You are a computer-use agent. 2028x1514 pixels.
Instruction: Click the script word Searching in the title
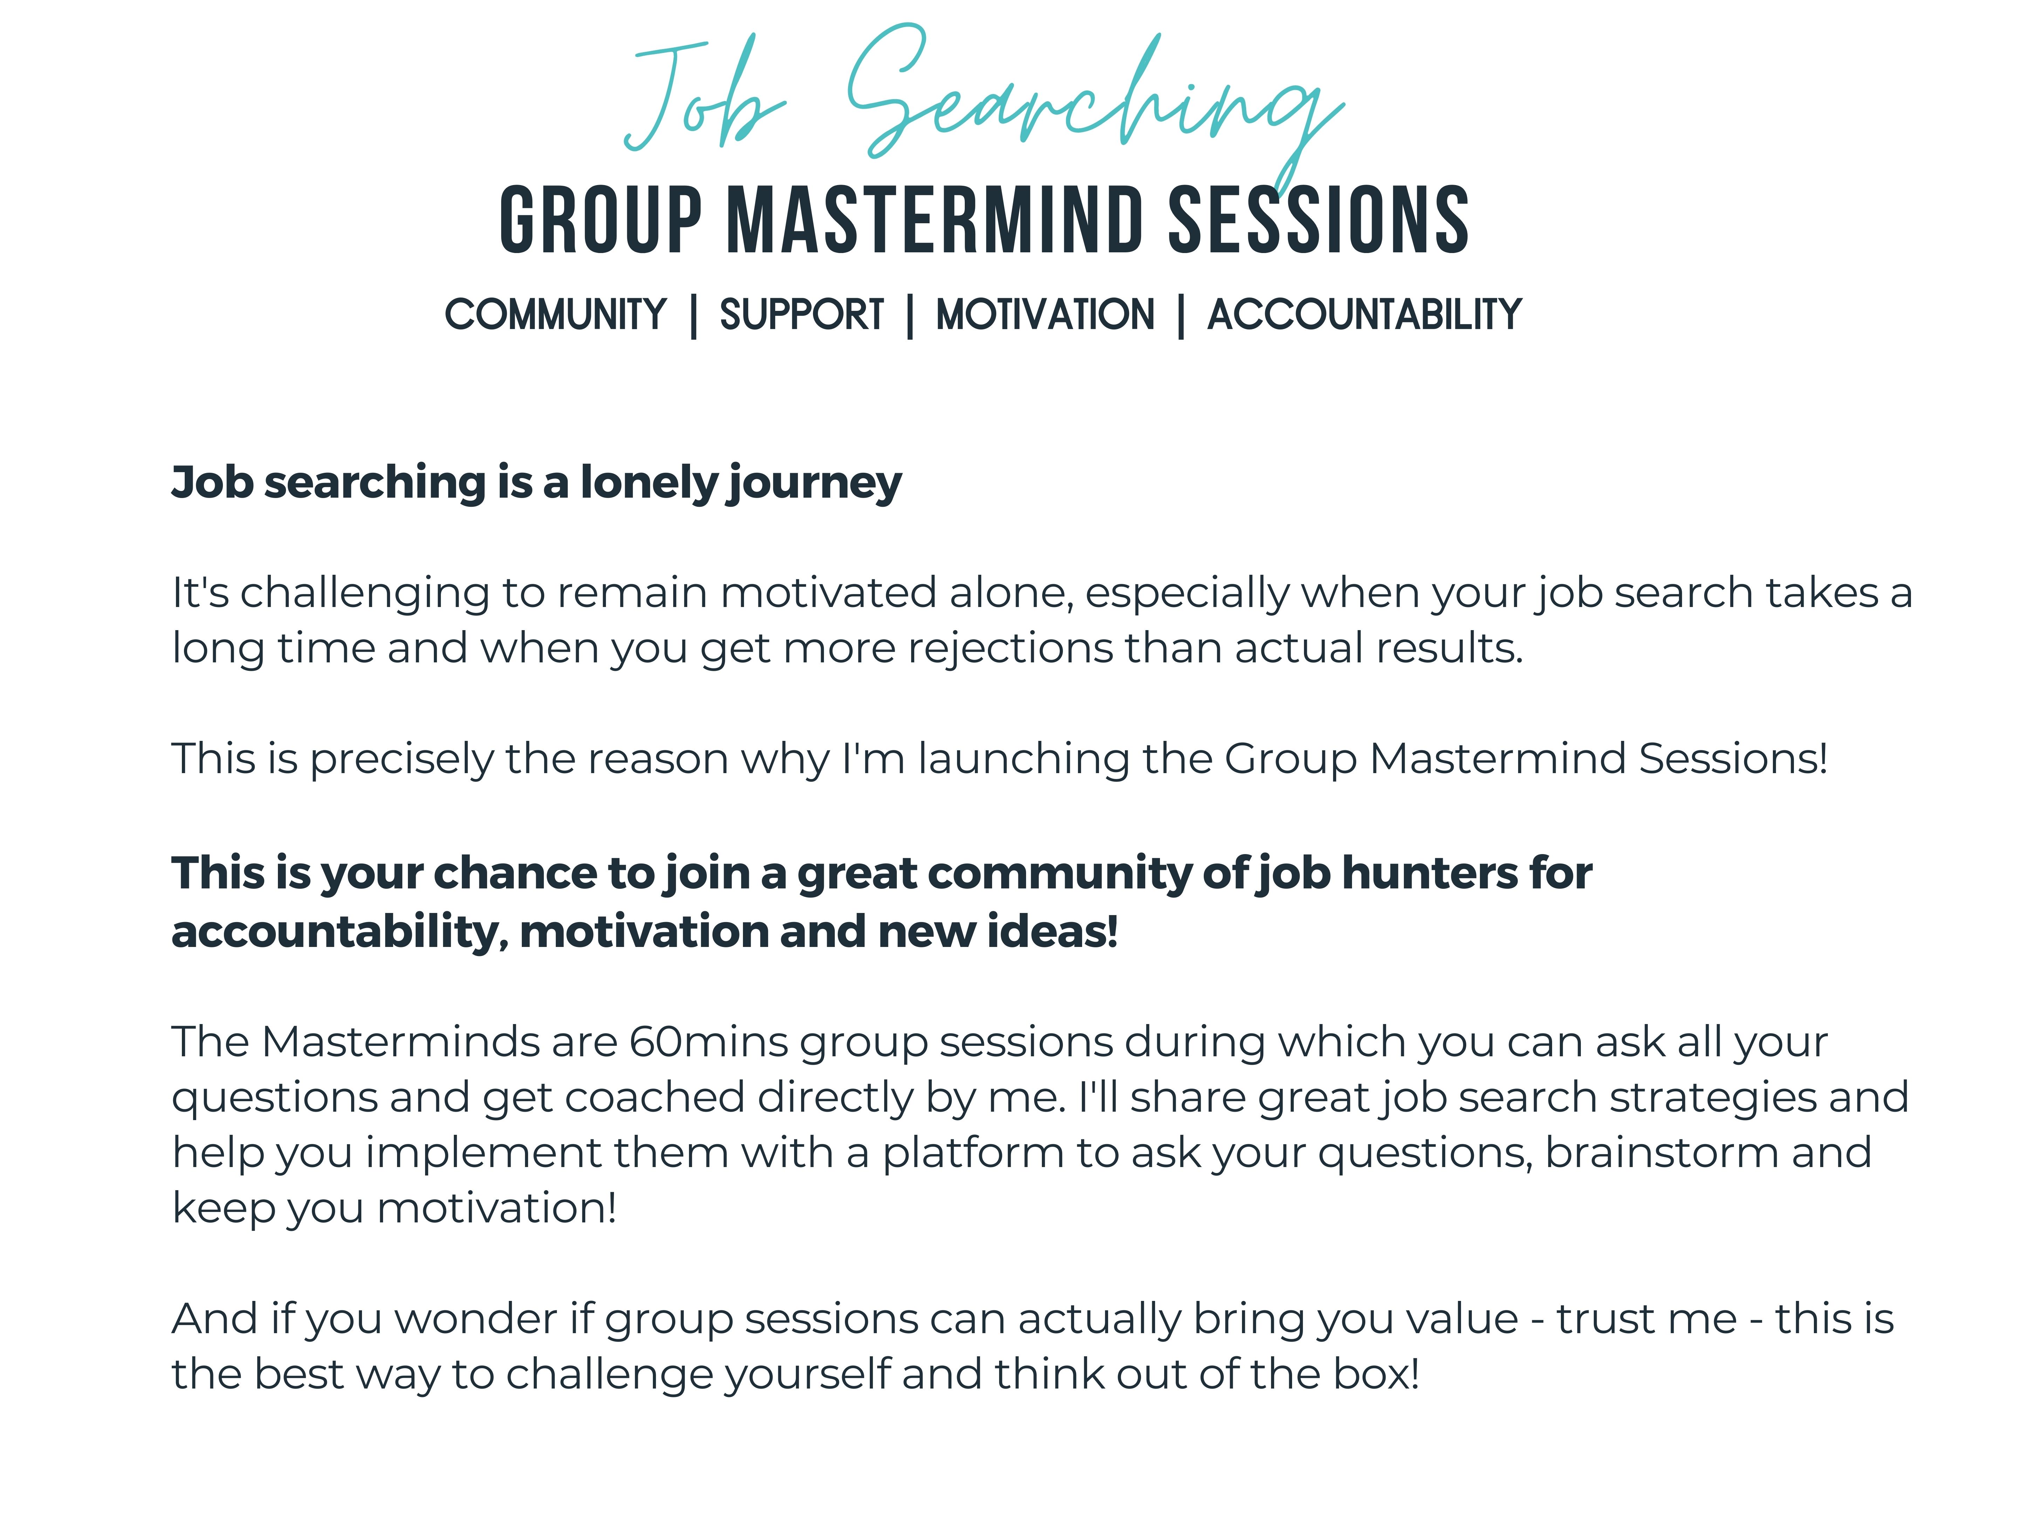tap(1095, 101)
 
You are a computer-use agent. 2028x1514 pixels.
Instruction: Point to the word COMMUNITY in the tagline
tap(555, 314)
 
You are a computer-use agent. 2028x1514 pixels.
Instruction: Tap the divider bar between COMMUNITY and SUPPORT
tap(694, 316)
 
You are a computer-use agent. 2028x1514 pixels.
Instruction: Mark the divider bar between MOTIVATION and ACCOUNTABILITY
tap(1181, 316)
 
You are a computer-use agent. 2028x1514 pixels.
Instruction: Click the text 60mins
tap(708, 1043)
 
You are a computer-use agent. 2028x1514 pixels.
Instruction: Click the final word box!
tap(1375, 1375)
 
